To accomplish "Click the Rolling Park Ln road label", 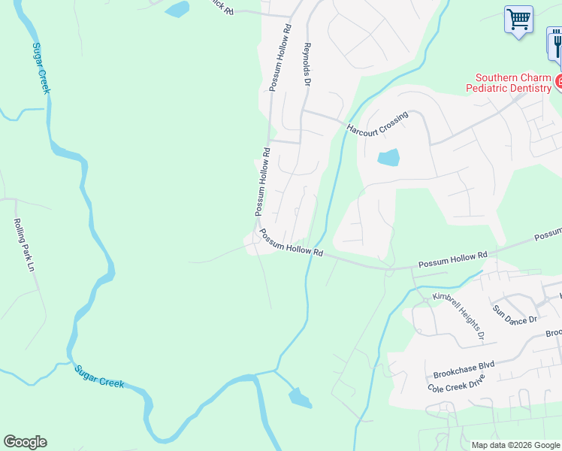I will pos(23,245).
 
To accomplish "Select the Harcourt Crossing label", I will pos(377,124).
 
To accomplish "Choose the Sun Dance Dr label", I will pos(515,314).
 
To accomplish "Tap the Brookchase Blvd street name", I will pos(464,369).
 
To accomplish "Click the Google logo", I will pos(25,442).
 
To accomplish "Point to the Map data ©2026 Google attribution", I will pos(515,445).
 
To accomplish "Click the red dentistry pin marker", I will pos(558,81).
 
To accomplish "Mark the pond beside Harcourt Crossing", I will pos(388,158).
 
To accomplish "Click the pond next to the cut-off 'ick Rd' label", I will pos(177,9).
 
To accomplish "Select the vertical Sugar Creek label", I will pos(41,68).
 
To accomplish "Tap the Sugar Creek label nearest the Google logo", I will pos(99,377).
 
